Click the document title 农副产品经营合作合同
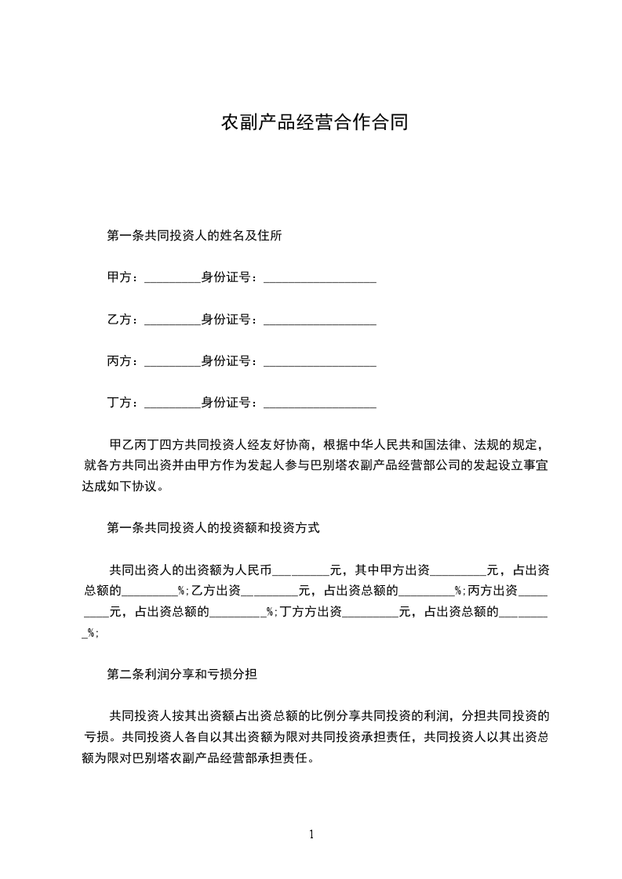coord(315,123)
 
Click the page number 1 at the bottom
coord(311,834)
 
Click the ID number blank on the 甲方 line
coord(320,279)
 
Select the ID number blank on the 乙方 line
coord(320,321)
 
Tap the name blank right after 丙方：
coord(173,363)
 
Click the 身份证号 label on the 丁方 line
coord(229,403)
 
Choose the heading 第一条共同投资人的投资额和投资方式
coord(213,528)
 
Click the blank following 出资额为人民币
coord(301,571)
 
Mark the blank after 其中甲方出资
coord(459,571)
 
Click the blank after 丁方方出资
coord(371,613)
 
